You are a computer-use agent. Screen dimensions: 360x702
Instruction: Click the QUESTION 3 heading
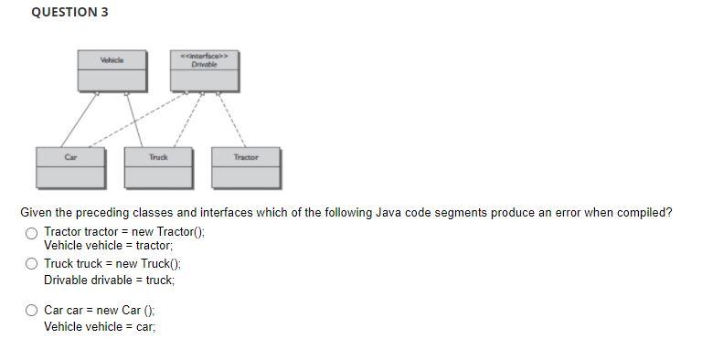[63, 12]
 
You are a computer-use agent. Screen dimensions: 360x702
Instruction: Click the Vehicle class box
[112, 70]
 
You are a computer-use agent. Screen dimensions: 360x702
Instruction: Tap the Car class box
[71, 166]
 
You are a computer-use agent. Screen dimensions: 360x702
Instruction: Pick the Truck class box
[159, 166]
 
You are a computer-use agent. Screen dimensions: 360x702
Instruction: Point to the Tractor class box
[246, 166]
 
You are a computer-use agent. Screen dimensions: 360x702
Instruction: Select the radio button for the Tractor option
[32, 232]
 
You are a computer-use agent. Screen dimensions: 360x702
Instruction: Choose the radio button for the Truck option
[32, 264]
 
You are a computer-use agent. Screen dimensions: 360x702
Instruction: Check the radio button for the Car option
[32, 311]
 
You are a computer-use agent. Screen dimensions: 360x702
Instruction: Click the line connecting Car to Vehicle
[80, 120]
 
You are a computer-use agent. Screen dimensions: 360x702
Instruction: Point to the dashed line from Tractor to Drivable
[231, 120]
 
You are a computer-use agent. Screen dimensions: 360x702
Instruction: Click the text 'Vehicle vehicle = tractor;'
[108, 246]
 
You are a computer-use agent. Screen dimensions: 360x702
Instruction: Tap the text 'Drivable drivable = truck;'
[109, 280]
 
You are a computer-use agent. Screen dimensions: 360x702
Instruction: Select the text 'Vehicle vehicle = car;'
[100, 326]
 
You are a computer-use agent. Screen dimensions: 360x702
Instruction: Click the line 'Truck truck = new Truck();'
[112, 264]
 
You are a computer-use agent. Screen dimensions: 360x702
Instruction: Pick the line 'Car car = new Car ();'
[100, 311]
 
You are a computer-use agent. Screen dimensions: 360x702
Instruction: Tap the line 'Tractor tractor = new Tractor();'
[124, 232]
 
